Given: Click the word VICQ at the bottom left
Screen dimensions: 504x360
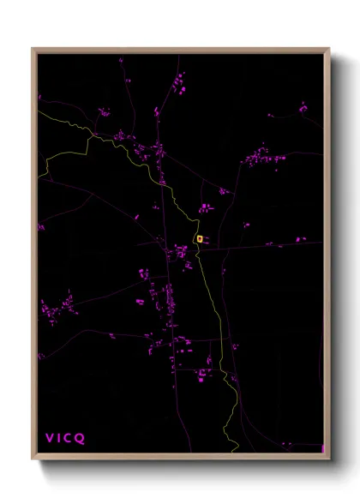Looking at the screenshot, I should [x=65, y=438].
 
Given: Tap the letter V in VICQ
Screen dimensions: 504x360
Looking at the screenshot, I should [x=50, y=438].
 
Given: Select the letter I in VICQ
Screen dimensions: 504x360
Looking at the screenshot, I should [x=59, y=438].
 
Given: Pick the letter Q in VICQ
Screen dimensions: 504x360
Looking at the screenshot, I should [x=81, y=438].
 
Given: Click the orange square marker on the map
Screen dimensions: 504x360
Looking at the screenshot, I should [x=199, y=238].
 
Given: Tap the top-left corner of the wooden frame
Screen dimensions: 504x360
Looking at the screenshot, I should [x=33, y=49].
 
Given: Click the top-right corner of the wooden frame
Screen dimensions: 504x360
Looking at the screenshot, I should [x=329, y=49].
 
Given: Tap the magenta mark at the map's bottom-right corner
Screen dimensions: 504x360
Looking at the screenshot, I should [x=322, y=448].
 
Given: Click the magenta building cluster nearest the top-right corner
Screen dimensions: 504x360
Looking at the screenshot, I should [x=303, y=108].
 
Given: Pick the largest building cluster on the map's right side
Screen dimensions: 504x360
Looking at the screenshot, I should [x=260, y=157].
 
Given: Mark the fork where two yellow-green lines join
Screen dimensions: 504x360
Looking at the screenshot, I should [x=93, y=135].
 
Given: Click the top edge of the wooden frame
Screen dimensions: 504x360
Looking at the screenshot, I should [x=180, y=50].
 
